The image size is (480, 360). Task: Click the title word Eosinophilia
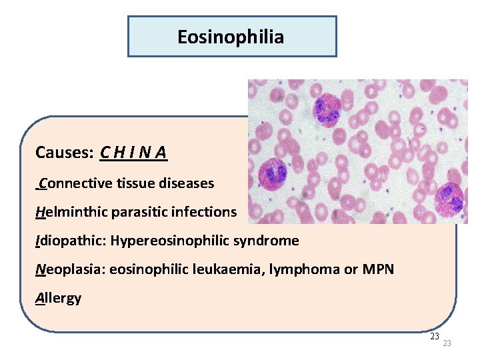231,37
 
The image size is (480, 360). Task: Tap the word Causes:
65,153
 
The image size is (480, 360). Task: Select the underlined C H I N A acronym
133,153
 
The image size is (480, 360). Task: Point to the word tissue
134,183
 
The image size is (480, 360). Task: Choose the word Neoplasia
68,269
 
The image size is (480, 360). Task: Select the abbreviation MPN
378,269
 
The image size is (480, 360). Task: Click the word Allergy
58,298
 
